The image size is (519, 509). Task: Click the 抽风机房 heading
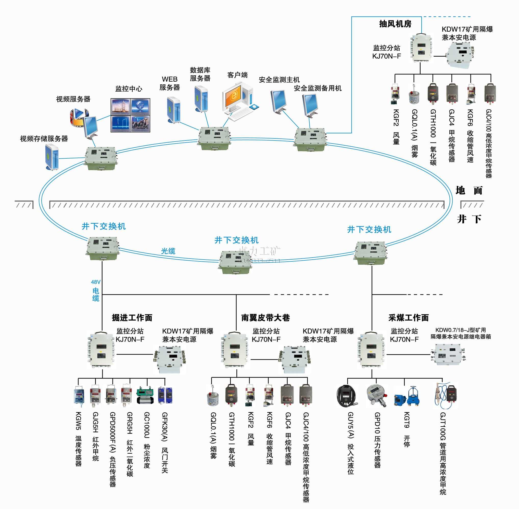tap(395, 24)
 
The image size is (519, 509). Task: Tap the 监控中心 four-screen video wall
tap(130, 115)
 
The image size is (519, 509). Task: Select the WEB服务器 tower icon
tap(173, 110)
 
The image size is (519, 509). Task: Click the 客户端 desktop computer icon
tap(239, 100)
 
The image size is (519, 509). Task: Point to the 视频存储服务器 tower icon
tap(52, 157)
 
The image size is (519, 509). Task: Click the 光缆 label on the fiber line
tap(168, 251)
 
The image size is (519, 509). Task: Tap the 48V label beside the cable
tap(95, 282)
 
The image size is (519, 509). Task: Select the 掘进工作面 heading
tap(132, 317)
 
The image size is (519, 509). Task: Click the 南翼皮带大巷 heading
tap(265, 317)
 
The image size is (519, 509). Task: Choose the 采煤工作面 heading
tap(408, 317)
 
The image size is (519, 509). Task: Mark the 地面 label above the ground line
tap(469, 190)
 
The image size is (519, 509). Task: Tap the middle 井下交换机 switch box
tap(235, 262)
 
